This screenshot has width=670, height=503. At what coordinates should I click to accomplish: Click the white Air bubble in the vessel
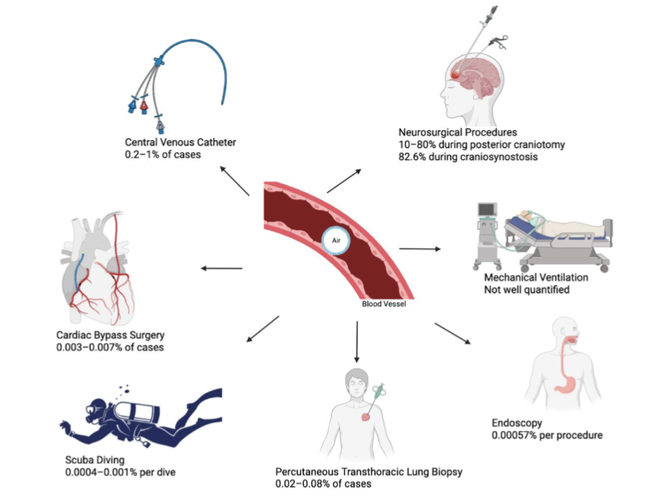(335, 240)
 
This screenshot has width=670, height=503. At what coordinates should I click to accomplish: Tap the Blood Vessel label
(384, 303)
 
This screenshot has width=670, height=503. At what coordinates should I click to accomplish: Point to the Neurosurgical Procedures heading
(458, 132)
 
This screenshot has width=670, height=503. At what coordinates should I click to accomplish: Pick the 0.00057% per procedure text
(547, 435)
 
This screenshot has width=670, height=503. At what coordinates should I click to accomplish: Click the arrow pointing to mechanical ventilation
(420, 249)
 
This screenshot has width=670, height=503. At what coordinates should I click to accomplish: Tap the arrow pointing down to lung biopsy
(356, 341)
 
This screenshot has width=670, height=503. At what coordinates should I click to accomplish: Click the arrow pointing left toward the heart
(221, 268)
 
